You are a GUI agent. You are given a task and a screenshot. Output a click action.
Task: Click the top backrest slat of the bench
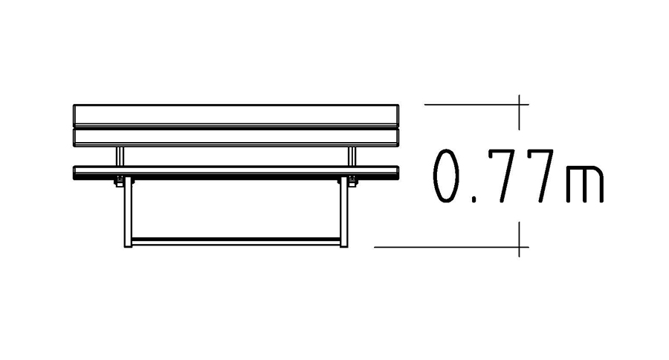pos(236,115)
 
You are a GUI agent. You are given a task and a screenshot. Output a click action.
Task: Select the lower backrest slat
pos(236,138)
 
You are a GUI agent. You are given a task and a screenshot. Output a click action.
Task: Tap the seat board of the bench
pos(236,173)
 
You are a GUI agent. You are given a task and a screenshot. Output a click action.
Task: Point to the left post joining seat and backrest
pos(120,156)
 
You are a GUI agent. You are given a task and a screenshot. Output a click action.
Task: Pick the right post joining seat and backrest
pos(352,156)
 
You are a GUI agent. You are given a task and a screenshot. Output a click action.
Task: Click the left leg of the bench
pos(128,212)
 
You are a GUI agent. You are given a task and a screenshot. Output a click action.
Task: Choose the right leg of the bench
pos(344,212)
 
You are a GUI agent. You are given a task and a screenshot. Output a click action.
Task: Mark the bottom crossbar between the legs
pos(236,241)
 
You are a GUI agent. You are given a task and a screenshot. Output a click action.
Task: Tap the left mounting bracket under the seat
pos(120,181)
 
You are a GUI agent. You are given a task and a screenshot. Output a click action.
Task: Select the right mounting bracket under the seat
pos(352,181)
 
